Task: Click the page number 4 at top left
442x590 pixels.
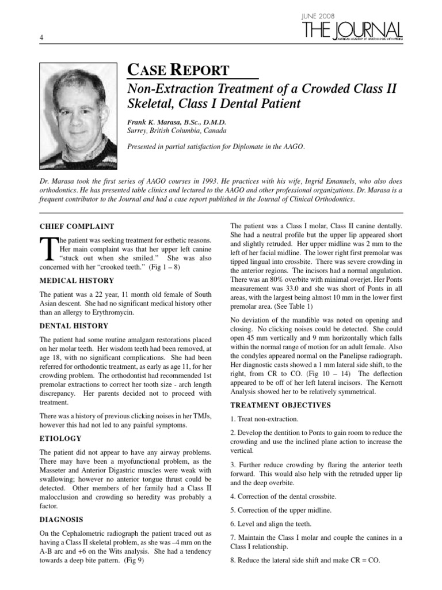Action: pyautogui.click(x=42, y=38)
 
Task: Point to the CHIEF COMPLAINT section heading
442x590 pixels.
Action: pyautogui.click(x=77, y=226)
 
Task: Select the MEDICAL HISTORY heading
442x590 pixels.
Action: pyautogui.click(x=77, y=281)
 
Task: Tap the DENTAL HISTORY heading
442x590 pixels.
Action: pyautogui.click(x=74, y=326)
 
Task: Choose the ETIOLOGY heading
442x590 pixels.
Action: pyautogui.click(x=60, y=438)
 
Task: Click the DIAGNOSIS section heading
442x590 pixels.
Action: pyautogui.click(x=62, y=519)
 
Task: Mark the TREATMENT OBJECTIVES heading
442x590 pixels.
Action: pyautogui.click(x=280, y=405)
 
